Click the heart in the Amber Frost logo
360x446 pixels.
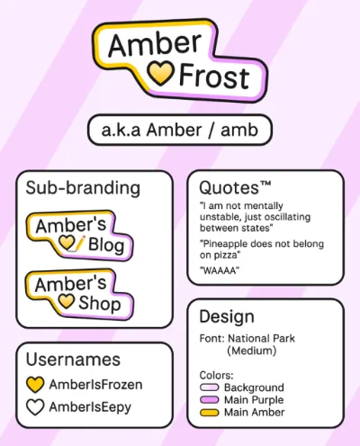point(160,74)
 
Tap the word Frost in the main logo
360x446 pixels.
point(214,77)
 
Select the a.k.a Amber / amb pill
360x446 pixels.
point(180,130)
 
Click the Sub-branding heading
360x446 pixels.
point(83,188)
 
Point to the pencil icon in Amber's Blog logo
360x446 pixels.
point(78,242)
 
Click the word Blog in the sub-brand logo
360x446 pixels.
point(106,245)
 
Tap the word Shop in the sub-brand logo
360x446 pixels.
point(100,304)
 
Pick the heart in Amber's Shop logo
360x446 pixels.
point(66,301)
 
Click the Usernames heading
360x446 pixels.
point(73,360)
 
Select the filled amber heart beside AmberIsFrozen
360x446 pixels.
point(35,385)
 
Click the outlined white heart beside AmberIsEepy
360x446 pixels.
point(35,407)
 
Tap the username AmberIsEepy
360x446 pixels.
point(90,407)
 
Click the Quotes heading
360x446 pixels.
point(235,187)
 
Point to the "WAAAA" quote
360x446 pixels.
point(220,270)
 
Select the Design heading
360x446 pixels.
point(227,317)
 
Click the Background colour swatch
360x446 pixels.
point(210,387)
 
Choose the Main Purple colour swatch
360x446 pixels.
point(210,400)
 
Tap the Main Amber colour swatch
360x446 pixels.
point(210,413)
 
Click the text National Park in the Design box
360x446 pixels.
point(262,339)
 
